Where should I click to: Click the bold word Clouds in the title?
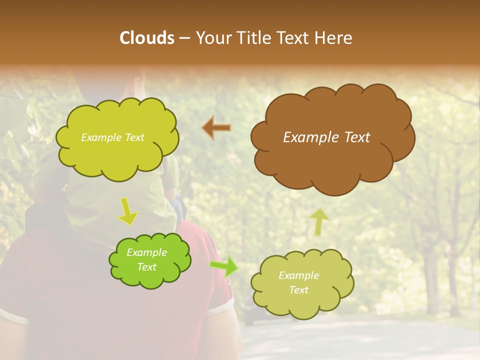coord(147,38)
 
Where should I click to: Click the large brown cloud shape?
coord(332,160)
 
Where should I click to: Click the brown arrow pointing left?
coord(216,128)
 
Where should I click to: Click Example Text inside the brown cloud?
coord(326,137)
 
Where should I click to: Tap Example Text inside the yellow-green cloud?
coord(112,137)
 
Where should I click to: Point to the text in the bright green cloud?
coord(146,260)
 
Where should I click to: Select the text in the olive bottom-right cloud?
coord(298,282)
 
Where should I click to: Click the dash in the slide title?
coord(184,38)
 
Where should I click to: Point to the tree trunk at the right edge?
coord(452,280)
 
